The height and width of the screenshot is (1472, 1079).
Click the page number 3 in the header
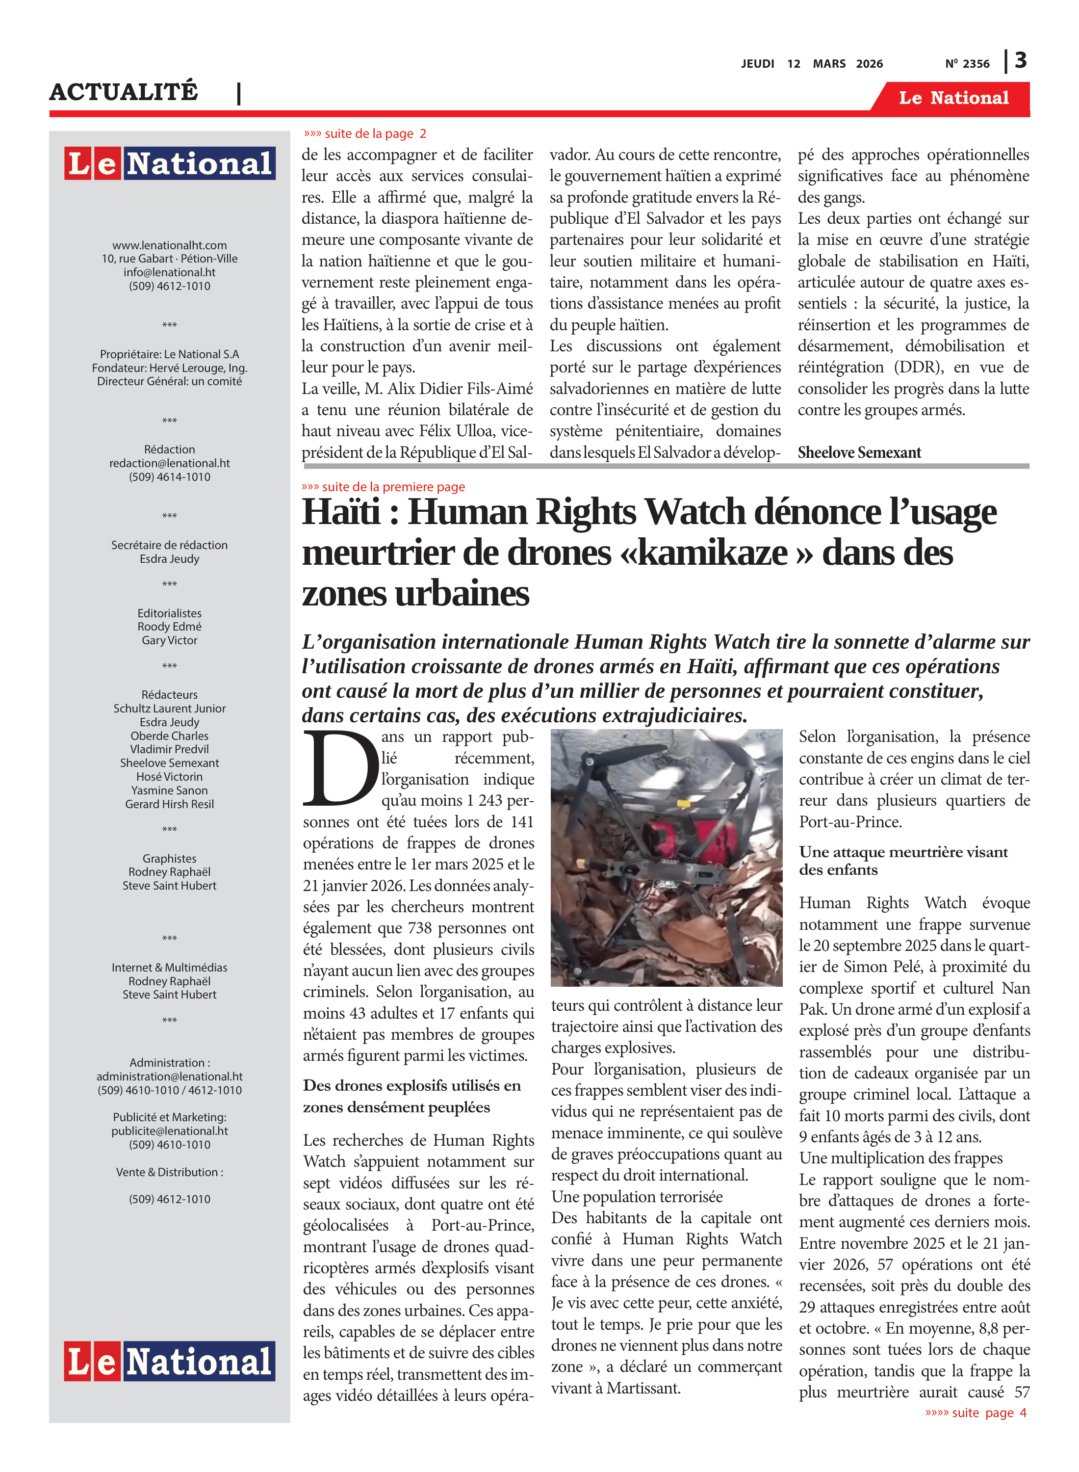click(1020, 61)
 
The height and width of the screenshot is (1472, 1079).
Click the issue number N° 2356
click(967, 64)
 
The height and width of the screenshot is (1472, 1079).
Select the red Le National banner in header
click(953, 98)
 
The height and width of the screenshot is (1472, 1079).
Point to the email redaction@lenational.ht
click(169, 463)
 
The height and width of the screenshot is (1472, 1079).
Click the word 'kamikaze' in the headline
click(712, 552)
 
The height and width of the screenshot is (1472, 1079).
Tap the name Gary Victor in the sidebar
click(169, 641)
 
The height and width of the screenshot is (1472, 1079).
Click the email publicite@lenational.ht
click(169, 1131)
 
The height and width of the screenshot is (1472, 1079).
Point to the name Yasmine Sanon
click(169, 790)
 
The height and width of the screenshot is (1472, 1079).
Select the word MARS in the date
click(829, 64)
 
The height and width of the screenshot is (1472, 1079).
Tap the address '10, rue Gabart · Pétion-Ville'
click(169, 259)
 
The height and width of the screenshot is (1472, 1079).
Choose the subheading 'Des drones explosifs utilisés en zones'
click(411, 1096)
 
